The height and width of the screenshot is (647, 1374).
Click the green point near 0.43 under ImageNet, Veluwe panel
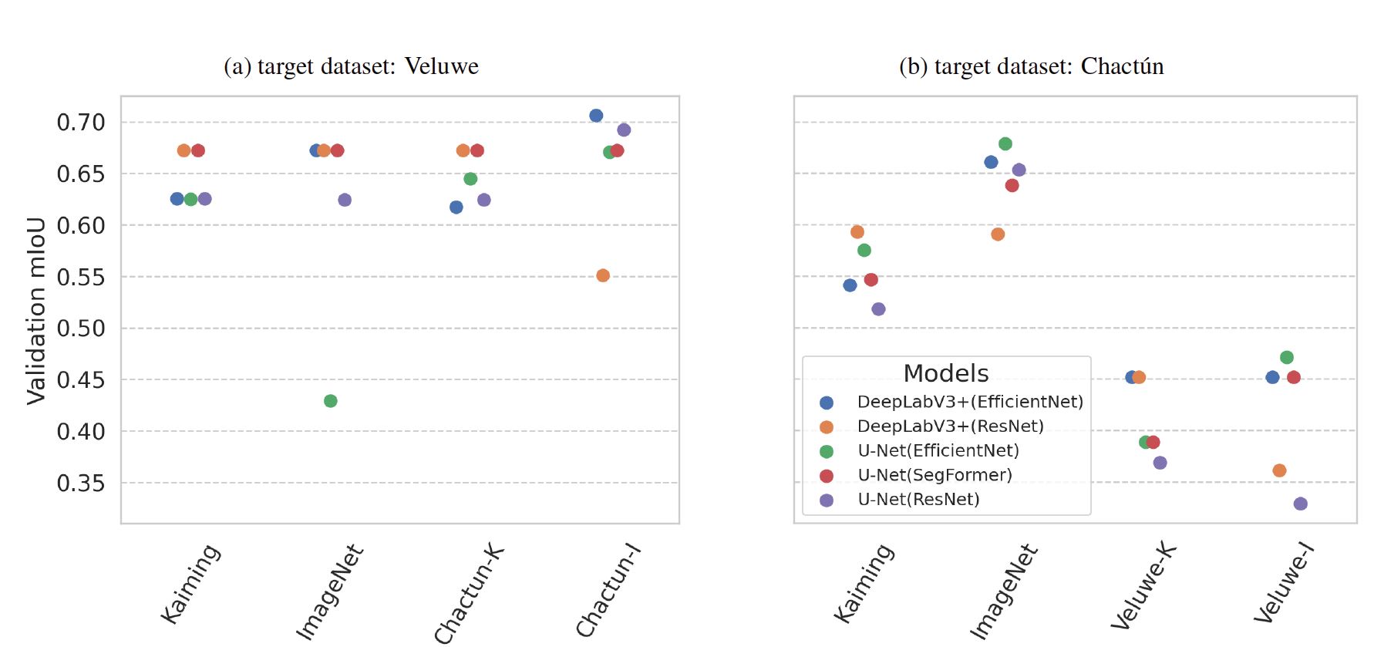tap(330, 401)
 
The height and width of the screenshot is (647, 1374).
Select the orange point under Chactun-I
tap(603, 275)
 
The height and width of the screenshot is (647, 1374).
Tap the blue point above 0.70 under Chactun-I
tap(596, 116)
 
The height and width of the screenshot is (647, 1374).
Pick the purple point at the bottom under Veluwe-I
tap(1301, 504)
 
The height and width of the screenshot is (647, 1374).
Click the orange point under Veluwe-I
tap(1279, 470)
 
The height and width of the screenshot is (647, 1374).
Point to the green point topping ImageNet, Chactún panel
tap(1005, 144)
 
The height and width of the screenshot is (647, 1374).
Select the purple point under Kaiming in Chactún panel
tap(878, 309)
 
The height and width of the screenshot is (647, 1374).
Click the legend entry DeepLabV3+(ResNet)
tap(950, 426)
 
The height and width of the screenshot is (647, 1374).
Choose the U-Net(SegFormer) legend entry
tap(935, 475)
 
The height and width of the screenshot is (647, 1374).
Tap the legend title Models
tap(946, 373)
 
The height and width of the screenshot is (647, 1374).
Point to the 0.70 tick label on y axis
tap(81, 122)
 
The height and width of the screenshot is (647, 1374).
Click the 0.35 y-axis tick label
tap(81, 484)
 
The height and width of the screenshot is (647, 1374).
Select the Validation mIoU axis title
tap(36, 311)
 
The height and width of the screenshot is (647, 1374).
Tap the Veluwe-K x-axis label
tap(1143, 586)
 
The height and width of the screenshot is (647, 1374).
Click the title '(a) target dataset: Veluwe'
tap(351, 66)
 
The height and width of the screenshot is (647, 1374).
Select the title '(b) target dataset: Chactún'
tap(1031, 66)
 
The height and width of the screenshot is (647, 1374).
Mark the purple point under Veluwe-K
tap(1160, 463)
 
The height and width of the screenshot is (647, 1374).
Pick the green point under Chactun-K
tap(470, 179)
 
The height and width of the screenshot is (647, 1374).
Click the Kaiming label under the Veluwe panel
tap(190, 584)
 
